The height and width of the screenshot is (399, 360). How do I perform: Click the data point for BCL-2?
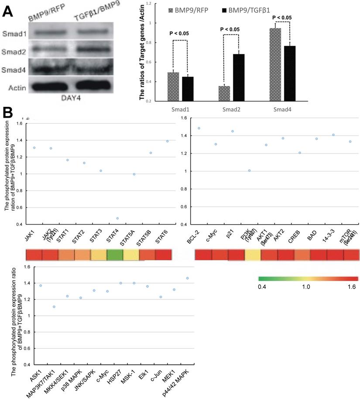(199, 128)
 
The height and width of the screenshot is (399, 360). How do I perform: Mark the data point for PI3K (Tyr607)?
(250, 171)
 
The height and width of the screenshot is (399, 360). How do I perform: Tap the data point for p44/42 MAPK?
(188, 290)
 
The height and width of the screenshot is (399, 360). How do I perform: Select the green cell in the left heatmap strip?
(115, 255)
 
